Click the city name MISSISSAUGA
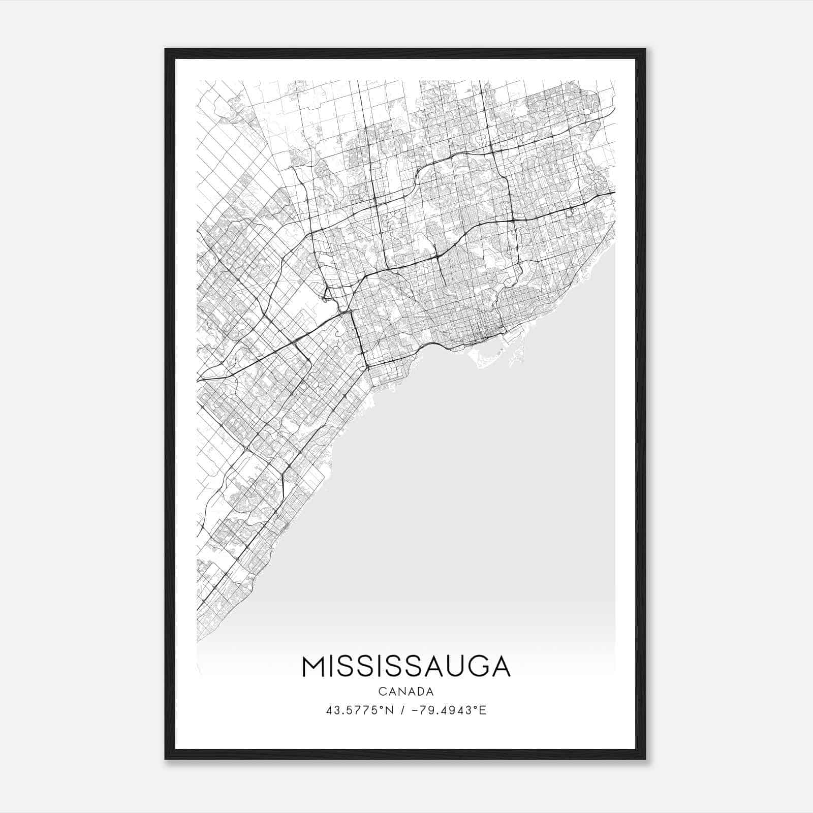click(x=406, y=667)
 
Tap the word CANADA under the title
click(x=406, y=692)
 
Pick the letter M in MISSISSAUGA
click(x=314, y=667)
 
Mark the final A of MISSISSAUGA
click(x=500, y=667)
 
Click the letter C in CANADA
click(x=382, y=692)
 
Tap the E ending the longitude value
click(x=483, y=710)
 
